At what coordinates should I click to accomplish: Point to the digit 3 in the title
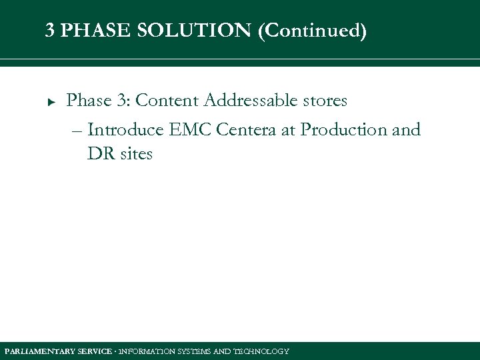click(50, 31)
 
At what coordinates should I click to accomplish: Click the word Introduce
click(125, 130)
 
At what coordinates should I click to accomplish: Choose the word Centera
click(247, 130)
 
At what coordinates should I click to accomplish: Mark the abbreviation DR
click(99, 154)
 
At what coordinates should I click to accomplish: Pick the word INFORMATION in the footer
click(145, 351)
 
